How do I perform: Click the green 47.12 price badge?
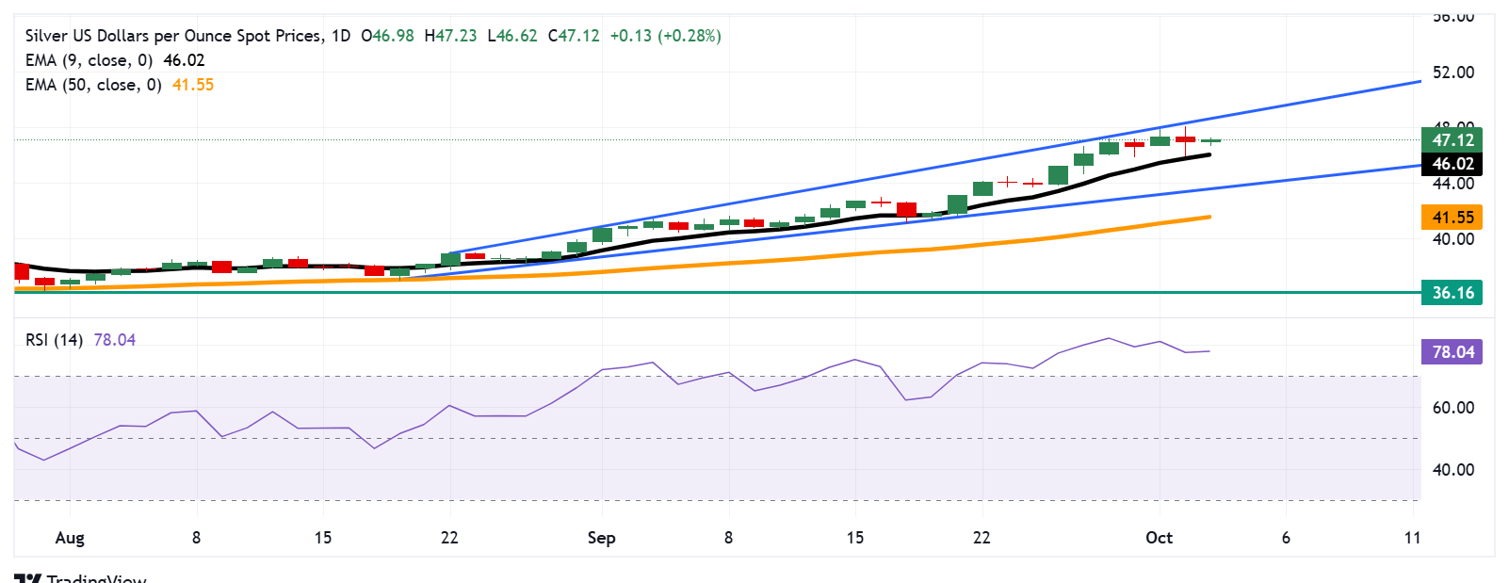[x=1452, y=139]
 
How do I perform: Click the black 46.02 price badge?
[x=1452, y=164]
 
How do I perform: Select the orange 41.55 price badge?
[x=1452, y=218]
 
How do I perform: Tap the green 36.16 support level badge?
[x=1452, y=292]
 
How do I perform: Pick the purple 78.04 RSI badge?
[x=1452, y=352]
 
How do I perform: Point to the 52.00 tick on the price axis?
[x=1452, y=73]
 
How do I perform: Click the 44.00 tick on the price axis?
[x=1452, y=184]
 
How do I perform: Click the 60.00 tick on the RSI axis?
[x=1452, y=408]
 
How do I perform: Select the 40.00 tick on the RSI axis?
[x=1452, y=470]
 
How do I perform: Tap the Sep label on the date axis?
[x=601, y=538]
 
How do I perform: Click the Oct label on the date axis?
[x=1159, y=538]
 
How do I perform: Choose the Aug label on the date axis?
[x=70, y=538]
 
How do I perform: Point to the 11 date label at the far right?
[x=1411, y=538]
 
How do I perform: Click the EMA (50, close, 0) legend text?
[x=92, y=85]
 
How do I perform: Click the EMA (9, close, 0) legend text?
[x=89, y=60]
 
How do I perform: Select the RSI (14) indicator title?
[x=54, y=340]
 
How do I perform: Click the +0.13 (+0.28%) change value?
[x=665, y=36]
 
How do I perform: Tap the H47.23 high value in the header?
[x=450, y=36]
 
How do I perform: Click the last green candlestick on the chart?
[x=1210, y=140]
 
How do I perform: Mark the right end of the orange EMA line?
[x=1209, y=217]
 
